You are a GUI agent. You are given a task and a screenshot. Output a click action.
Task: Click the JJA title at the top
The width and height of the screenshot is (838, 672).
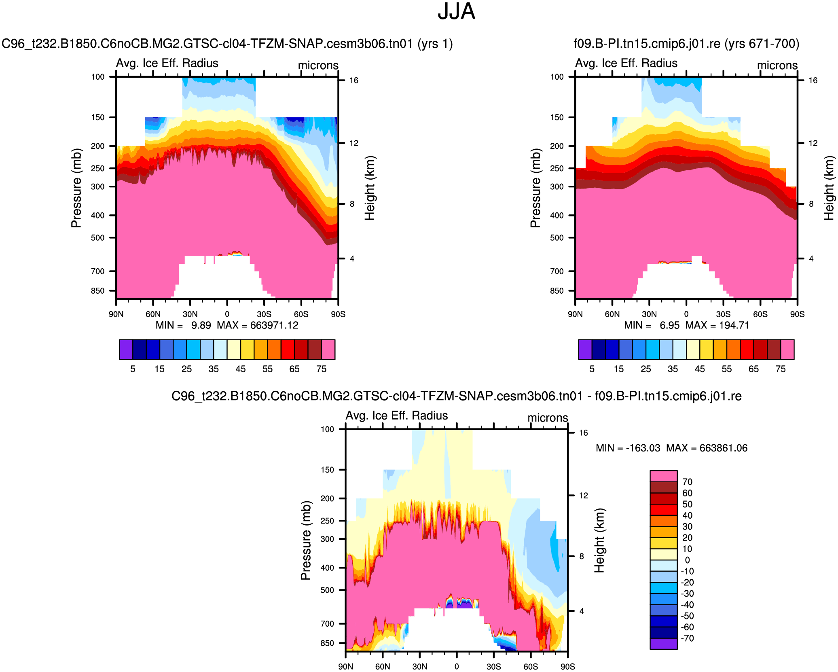[456, 12]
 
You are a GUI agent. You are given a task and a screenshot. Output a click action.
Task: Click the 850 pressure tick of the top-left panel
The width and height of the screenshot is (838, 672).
[97, 291]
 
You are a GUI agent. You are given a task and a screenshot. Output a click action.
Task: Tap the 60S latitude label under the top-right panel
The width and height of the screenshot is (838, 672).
[760, 314]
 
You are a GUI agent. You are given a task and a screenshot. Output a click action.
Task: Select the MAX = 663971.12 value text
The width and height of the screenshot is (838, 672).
[258, 325]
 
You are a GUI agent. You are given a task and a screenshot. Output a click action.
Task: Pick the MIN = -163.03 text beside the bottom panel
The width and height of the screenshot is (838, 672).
[628, 448]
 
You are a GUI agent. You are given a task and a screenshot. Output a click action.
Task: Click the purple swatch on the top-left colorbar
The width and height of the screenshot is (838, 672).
[126, 350]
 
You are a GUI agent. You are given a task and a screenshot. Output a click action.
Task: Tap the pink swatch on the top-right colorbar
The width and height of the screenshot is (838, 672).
[787, 350]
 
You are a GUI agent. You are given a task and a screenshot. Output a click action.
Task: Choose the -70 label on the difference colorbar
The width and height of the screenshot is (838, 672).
[687, 638]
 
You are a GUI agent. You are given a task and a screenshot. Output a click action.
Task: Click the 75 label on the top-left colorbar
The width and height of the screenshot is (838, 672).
[321, 369]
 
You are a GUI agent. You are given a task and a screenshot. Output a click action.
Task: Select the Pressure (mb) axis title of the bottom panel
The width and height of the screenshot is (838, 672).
[306, 540]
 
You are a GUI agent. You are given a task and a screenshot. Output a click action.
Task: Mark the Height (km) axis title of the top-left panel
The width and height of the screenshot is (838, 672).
[370, 188]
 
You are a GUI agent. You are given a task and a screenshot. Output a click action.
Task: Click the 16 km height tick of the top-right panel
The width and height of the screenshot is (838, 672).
[813, 81]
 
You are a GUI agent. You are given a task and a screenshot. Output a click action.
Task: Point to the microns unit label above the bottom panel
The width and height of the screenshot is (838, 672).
[548, 418]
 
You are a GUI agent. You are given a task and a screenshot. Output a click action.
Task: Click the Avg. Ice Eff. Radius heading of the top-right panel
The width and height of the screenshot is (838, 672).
[626, 63]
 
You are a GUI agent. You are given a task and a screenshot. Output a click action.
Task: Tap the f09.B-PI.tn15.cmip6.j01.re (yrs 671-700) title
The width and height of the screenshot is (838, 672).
[686, 44]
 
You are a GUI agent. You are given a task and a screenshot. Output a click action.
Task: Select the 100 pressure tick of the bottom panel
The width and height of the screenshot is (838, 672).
[327, 429]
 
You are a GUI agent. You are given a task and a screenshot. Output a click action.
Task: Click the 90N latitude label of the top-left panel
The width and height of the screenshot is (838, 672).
[116, 314]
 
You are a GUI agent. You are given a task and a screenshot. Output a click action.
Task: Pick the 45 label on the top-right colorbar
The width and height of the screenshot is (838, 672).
[700, 369]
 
